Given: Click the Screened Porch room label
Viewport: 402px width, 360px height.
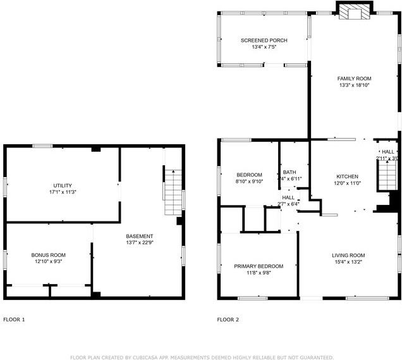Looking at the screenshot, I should tap(264, 40).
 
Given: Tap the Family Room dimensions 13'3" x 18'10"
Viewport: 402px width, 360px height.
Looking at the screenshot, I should tap(353, 85).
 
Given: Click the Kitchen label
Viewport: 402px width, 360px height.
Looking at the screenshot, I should tap(347, 177).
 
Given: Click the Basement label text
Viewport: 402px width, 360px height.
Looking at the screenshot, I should tap(140, 236).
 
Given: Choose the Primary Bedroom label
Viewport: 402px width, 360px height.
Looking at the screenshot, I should tap(259, 266).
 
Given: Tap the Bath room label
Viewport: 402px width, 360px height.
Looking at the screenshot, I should tap(289, 172).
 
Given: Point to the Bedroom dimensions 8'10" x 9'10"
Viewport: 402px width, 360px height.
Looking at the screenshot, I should tap(249, 182).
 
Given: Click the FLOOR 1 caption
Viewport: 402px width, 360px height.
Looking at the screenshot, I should tap(14, 320).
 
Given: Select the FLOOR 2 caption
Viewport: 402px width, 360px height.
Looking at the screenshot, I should tap(228, 320).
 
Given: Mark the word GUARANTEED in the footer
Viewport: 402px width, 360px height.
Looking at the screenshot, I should tap(314, 357).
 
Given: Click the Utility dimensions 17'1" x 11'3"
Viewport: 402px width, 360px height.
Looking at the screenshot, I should tap(63, 192).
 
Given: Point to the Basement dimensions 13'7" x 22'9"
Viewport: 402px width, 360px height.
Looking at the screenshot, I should tap(140, 242).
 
